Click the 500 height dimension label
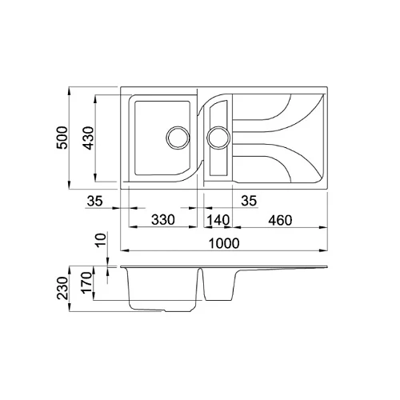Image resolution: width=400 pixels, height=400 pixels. tap(62, 138)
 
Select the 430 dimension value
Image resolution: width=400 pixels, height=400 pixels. tap(88, 138)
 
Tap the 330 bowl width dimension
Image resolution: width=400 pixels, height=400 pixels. tap(163, 220)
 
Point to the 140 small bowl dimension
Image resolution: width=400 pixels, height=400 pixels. tap(218, 220)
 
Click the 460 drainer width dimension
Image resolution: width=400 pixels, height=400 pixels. tap(280, 220)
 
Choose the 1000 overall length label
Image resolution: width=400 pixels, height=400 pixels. tap(224, 243)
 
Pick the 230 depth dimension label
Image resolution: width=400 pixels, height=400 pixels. tap(62, 288)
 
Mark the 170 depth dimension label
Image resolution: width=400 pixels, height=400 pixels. tap(86, 283)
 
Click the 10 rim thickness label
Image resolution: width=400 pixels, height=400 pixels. tap(101, 240)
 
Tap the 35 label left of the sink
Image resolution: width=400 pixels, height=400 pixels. tap(94, 201)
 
